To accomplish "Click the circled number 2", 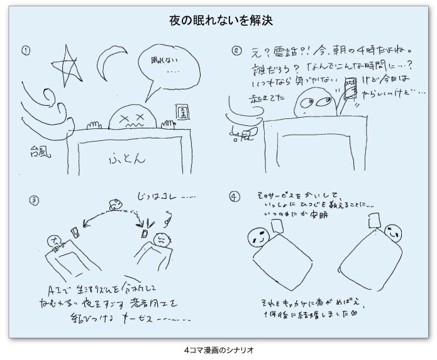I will point(236,51).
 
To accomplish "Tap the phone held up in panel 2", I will point(350,91).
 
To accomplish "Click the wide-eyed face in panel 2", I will point(314,99).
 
